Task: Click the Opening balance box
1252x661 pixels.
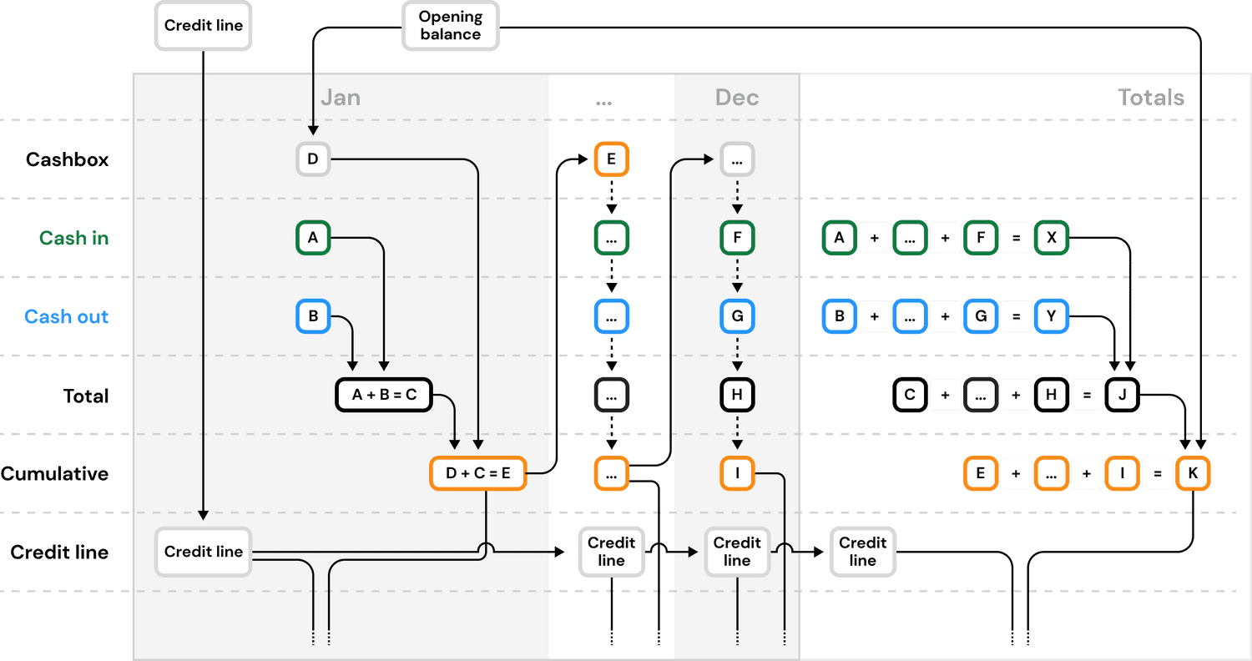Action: click(x=450, y=26)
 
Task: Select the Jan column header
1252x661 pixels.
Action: click(x=341, y=98)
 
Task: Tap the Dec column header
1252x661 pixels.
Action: click(x=737, y=98)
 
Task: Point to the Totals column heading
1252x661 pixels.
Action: click(x=1150, y=98)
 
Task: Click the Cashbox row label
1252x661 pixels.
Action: click(x=67, y=159)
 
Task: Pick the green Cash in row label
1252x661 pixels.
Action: click(x=73, y=239)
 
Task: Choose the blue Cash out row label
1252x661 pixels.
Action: click(x=67, y=317)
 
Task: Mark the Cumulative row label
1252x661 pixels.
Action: click(x=55, y=474)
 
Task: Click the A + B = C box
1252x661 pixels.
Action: click(x=384, y=395)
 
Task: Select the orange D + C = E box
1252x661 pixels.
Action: click(x=477, y=473)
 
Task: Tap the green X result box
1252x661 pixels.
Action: click(x=1052, y=238)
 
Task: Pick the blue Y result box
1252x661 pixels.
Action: click(x=1052, y=317)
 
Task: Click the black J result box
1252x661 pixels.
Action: click(x=1123, y=395)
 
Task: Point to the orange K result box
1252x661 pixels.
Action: click(x=1193, y=473)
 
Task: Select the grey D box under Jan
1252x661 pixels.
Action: click(x=313, y=159)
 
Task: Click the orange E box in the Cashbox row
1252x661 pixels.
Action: click(x=611, y=159)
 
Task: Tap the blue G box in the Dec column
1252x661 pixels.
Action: click(x=737, y=317)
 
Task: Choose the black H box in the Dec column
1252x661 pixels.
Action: click(x=737, y=395)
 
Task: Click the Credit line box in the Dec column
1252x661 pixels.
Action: click(x=737, y=552)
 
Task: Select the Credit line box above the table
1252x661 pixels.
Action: click(x=204, y=25)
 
